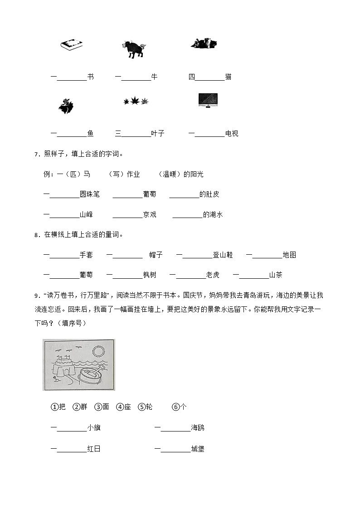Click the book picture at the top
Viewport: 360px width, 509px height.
[72, 45]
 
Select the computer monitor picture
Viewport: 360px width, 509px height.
[208, 101]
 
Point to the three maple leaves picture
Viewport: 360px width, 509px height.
[136, 101]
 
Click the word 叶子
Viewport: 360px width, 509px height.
[158, 134]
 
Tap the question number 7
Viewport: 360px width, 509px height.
[36, 155]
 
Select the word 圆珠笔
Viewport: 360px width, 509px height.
[89, 194]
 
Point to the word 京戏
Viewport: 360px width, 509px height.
[150, 215]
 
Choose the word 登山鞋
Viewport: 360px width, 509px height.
[223, 255]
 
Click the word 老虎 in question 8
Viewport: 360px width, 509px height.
[213, 275]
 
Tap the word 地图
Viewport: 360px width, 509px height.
[289, 255]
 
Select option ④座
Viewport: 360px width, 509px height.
[124, 407]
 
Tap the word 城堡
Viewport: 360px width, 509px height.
[198, 449]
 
